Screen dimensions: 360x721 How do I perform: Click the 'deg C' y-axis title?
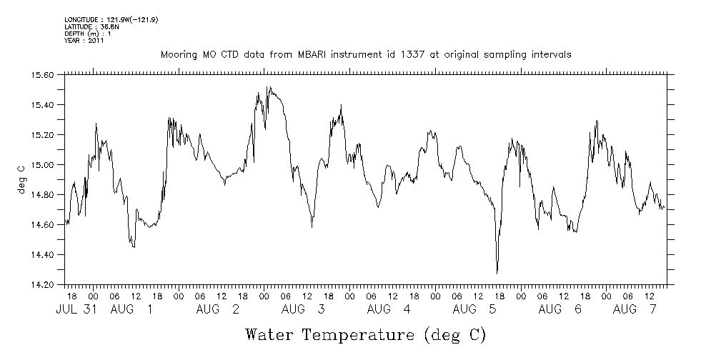coord(21,179)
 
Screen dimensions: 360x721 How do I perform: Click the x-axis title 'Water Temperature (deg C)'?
coord(365,334)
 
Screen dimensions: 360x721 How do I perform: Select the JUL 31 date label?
coord(74,309)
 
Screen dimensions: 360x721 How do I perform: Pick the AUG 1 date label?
coord(131,309)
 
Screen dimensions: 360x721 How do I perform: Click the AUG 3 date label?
coord(303,309)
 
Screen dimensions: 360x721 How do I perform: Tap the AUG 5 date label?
coord(474,309)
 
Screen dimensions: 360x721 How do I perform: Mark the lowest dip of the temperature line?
coord(497,273)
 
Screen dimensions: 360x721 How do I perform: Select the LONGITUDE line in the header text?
coord(111,20)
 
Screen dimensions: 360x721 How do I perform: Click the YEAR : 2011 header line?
coord(84,40)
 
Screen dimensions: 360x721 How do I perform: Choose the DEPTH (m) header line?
coord(88,34)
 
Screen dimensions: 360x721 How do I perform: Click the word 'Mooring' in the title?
coord(179,55)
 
